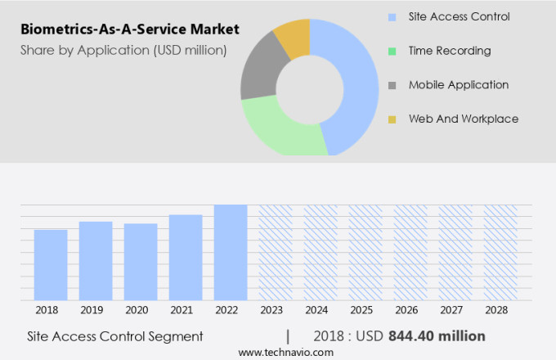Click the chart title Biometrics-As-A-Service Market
point(128,29)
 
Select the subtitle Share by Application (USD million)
point(122,51)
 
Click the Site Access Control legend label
point(459,16)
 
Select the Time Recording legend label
point(450,51)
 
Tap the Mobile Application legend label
point(459,85)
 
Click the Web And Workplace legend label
point(463,119)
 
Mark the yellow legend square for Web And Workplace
point(392,119)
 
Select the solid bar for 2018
point(51,265)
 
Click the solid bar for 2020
point(141,262)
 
